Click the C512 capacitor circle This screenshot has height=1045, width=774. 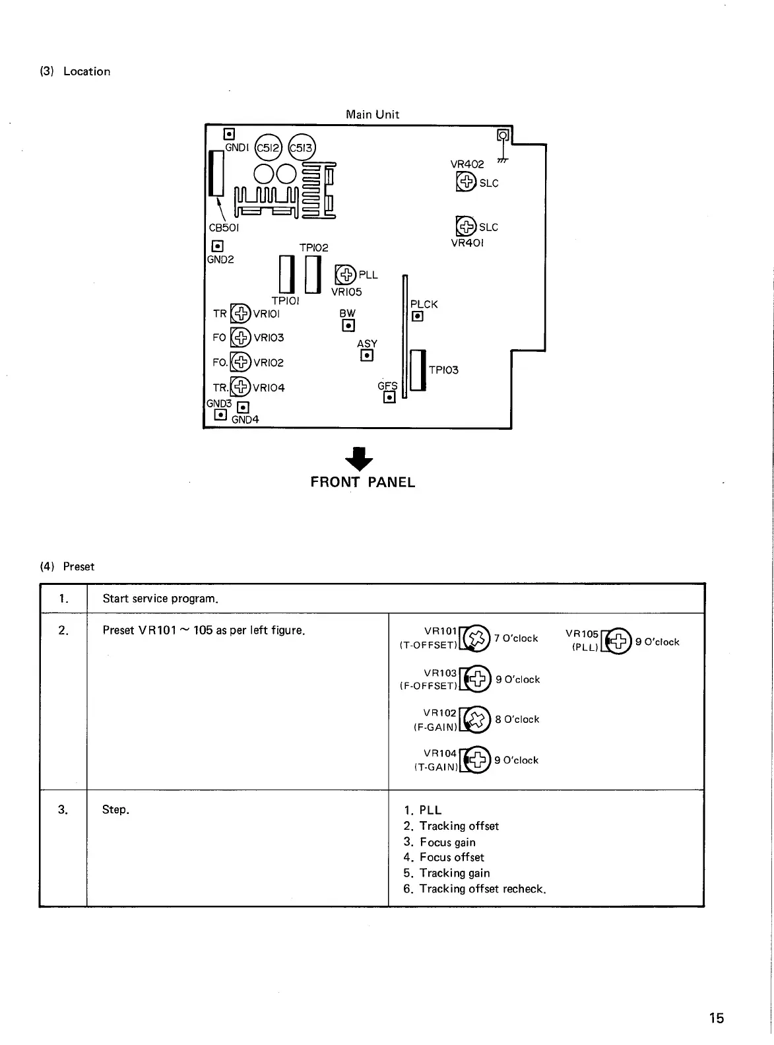[x=268, y=149]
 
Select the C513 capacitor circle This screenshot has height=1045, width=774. [x=302, y=148]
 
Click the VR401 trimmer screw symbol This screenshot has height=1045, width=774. [x=466, y=226]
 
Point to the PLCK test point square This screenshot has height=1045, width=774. [x=417, y=316]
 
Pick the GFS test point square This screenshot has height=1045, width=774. [x=389, y=397]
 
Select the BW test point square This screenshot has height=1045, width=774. [x=348, y=325]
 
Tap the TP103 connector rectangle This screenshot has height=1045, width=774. [x=418, y=370]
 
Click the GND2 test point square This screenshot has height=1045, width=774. [x=216, y=246]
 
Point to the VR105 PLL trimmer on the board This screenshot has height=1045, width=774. [x=345, y=274]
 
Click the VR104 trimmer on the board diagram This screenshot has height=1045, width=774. [x=240, y=387]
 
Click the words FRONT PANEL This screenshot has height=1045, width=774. [x=363, y=483]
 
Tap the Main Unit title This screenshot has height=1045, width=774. [x=372, y=114]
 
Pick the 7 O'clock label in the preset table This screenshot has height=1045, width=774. [x=516, y=638]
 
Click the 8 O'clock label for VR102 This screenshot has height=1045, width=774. [x=517, y=720]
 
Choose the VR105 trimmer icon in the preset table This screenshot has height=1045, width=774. [x=618, y=641]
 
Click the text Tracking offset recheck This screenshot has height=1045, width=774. [x=482, y=889]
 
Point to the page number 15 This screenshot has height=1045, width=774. [x=716, y=1019]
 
